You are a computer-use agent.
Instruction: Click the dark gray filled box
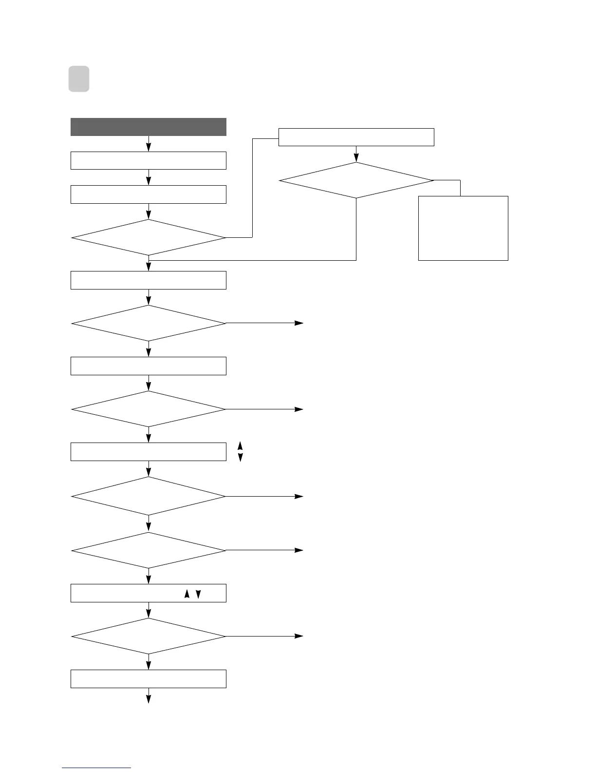coord(149,127)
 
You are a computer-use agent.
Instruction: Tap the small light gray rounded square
coord(78,79)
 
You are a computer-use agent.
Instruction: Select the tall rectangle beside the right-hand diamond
coord(463,228)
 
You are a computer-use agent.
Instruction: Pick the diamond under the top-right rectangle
coord(356,180)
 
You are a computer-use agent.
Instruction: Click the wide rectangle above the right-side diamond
coord(356,137)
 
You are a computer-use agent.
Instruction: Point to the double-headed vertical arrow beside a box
coord(240,451)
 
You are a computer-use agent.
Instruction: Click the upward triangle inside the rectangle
coord(186,594)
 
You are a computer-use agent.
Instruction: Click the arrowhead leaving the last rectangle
coord(149,699)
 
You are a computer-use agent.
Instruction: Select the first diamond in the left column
coord(149,237)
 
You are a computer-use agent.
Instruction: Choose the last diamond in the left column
coord(149,636)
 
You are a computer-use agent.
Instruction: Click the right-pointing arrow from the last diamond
coord(298,636)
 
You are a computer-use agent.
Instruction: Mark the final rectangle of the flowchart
coord(149,678)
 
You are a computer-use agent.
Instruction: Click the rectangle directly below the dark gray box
coord(149,160)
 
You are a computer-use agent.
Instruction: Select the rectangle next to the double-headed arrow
coord(149,451)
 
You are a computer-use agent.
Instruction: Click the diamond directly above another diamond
coord(149,496)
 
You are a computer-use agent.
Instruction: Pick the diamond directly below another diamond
coord(149,550)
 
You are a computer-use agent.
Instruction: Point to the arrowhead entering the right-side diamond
coord(356,158)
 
